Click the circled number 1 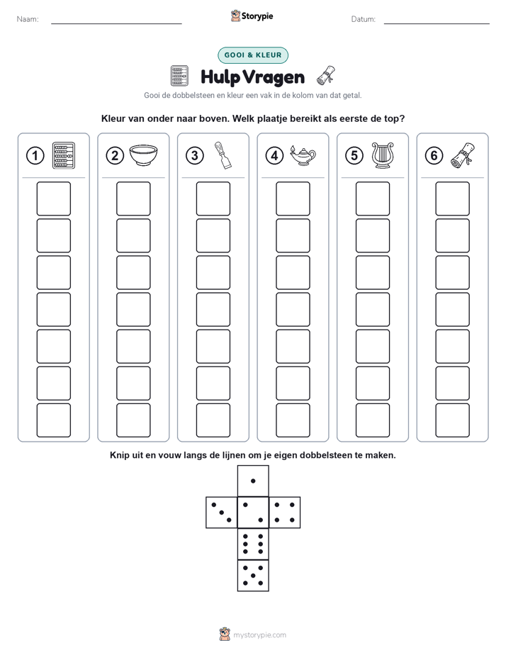tap(35, 156)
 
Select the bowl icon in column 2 tap(143, 155)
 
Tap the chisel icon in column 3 tap(223, 155)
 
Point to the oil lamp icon tap(303, 156)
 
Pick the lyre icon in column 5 tap(383, 155)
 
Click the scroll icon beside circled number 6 tap(463, 155)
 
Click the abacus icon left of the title tap(179, 76)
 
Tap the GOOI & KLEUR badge tap(253, 55)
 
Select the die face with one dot tap(253, 481)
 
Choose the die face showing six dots tap(253, 544)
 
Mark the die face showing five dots tap(253, 576)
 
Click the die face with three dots tap(222, 513)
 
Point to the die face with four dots tap(285, 513)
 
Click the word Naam tap(28, 19)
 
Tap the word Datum tap(364, 19)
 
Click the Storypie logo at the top tap(252, 16)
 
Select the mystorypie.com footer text tap(259, 635)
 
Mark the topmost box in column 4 tap(293, 198)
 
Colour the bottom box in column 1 tap(53, 420)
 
